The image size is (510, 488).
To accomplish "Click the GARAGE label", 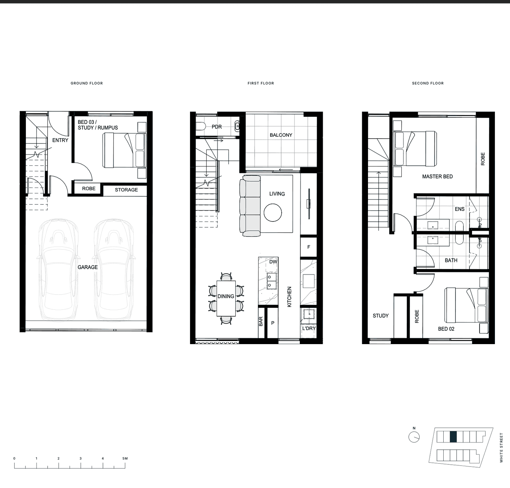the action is point(88,267).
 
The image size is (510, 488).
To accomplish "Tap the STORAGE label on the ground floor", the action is point(126,190).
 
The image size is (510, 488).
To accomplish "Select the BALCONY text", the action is point(281,135).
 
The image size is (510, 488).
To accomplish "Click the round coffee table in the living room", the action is point(273,213).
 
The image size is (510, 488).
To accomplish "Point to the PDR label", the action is point(217,127).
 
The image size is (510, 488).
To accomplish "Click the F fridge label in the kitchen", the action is point(309,247).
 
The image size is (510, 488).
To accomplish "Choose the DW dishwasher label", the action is point(273,262).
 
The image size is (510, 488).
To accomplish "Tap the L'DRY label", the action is point(309,328).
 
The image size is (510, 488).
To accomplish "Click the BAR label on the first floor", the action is point(261,322).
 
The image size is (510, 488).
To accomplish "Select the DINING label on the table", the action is point(226,296).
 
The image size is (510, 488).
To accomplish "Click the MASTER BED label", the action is point(438,177).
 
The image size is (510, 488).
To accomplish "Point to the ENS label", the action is point(460,209).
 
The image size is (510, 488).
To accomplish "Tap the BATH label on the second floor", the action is point(451,261).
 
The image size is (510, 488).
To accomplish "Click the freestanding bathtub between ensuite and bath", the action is point(459,233).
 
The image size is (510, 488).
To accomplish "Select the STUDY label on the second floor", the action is point(381,316).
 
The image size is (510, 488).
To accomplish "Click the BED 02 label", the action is point(446,329).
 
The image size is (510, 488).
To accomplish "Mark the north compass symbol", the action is point(414,437).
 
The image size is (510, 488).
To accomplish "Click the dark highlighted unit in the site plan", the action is point(453,437).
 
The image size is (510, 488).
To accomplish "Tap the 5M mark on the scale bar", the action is point(125,458).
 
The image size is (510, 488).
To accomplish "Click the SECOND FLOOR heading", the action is point(428,83).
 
